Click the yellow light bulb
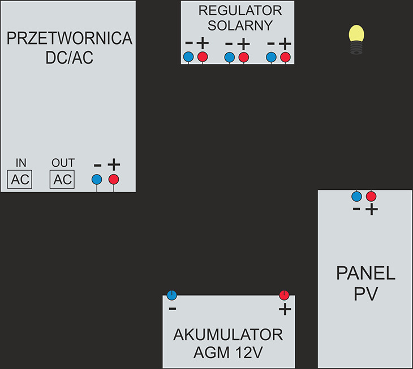pos(355,37)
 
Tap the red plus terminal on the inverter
pos(114,179)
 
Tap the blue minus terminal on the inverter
pos(97,179)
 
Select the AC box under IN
pos(20,180)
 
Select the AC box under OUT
pos(63,180)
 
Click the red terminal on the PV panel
pos(371,196)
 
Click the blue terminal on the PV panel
pos(356,196)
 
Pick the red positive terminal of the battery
pos(285,294)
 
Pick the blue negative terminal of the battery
pos(173,294)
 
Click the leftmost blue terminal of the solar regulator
pos(188,57)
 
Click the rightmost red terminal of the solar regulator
pos(285,57)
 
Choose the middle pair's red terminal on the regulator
pos(243,57)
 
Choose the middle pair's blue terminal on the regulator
pos(229,57)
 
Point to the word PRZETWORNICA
pos(69,38)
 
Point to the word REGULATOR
pos(240,11)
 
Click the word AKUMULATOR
pos(228,335)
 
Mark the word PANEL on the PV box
pos(365,274)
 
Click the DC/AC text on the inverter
pos(69,59)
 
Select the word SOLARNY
pos(240,25)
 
